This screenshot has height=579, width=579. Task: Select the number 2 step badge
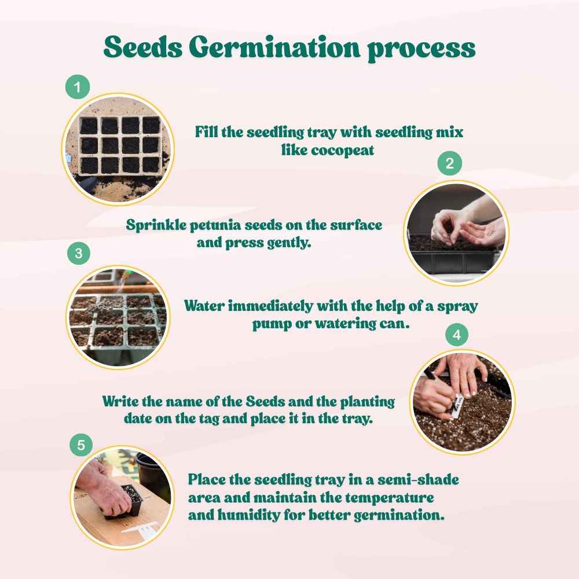click(x=449, y=163)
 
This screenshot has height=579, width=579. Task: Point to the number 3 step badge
click(x=79, y=253)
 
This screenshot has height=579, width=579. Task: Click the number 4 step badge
click(x=456, y=335)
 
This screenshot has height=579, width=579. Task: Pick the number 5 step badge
click(x=81, y=445)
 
